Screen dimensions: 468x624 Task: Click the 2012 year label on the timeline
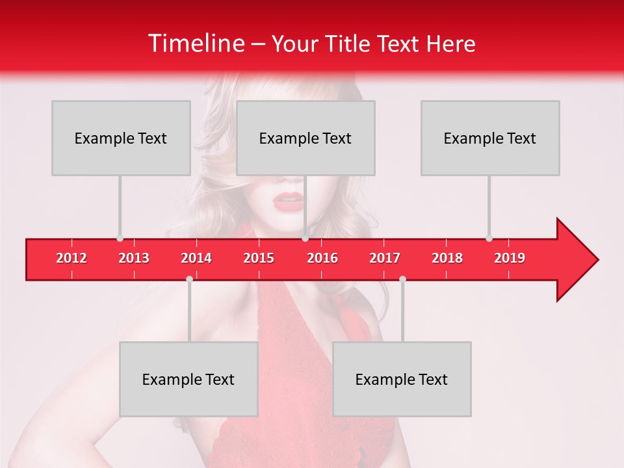point(71,258)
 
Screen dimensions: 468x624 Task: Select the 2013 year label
point(134,258)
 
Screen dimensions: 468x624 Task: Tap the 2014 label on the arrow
point(196,258)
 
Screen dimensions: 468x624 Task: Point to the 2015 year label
point(259,258)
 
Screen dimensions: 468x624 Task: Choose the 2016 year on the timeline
point(322,258)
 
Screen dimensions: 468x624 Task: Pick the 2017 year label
point(385,258)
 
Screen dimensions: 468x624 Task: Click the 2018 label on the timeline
point(447,258)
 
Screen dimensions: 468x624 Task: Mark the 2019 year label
point(510,258)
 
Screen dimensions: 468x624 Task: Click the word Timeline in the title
point(195,44)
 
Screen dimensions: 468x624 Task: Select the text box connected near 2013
point(121,138)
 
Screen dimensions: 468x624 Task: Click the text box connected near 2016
point(305,138)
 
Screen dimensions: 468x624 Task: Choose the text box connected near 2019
point(490,138)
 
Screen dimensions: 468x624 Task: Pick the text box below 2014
point(188,379)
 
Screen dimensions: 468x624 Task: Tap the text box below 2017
point(402,379)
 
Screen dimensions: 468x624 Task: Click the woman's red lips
point(288,202)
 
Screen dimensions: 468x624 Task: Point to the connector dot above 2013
point(120,239)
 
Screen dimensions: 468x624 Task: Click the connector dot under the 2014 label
point(189,279)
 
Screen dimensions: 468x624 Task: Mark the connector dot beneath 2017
point(402,279)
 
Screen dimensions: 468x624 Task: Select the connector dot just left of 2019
point(489,239)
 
